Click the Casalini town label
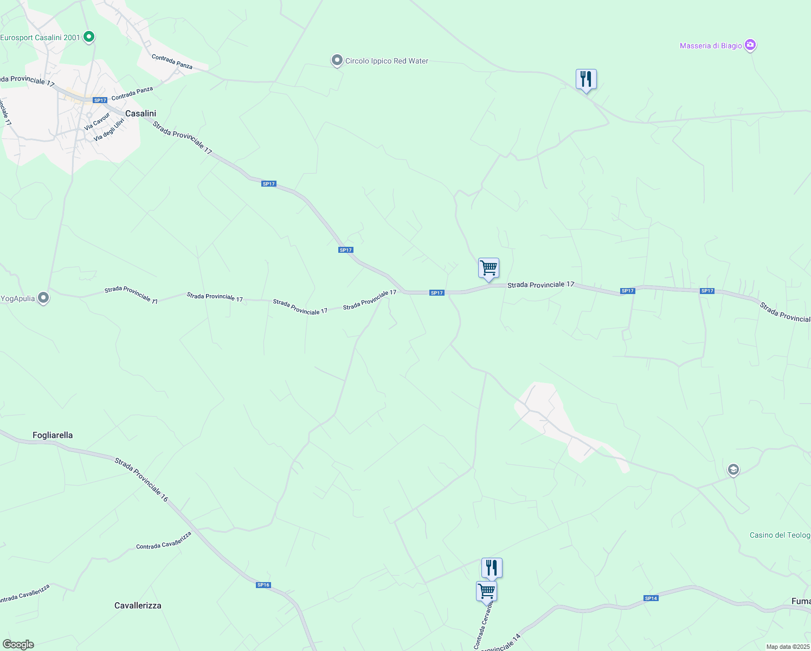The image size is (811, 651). pyautogui.click(x=140, y=113)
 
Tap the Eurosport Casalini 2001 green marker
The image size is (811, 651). pyautogui.click(x=89, y=37)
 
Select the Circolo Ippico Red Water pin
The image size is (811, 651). pyautogui.click(x=337, y=60)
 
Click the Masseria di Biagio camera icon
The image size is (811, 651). pyautogui.click(x=750, y=45)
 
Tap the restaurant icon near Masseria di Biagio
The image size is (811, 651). pyautogui.click(x=585, y=79)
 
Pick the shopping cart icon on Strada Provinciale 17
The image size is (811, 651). pyautogui.click(x=488, y=268)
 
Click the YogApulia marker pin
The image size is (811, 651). pyautogui.click(x=43, y=298)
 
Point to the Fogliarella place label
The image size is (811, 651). pyautogui.click(x=53, y=435)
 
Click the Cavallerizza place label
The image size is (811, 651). pyautogui.click(x=138, y=605)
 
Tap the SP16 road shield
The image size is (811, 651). pyautogui.click(x=263, y=585)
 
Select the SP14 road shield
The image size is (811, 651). pyautogui.click(x=651, y=598)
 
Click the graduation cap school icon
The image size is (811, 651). pyautogui.click(x=733, y=470)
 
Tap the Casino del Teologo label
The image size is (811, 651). pyautogui.click(x=780, y=535)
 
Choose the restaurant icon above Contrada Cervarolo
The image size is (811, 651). pyautogui.click(x=492, y=568)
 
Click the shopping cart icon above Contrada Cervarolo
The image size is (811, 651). pyautogui.click(x=487, y=591)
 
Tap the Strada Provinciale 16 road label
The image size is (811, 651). pyautogui.click(x=141, y=480)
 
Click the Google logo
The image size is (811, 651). pyautogui.click(x=18, y=644)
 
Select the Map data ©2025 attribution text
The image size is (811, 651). pyautogui.click(x=787, y=647)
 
